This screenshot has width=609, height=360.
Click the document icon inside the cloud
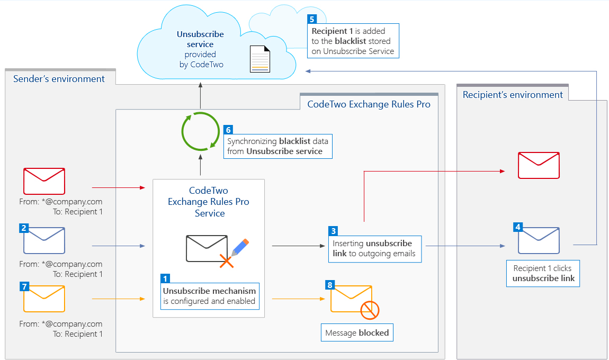pyautogui.click(x=259, y=59)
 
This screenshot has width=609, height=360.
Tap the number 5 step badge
pyautogui.click(x=312, y=19)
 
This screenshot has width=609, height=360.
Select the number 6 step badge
pyautogui.click(x=228, y=130)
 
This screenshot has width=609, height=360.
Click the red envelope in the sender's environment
pyautogui.click(x=44, y=181)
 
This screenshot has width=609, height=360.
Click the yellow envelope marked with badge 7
pyautogui.click(x=44, y=299)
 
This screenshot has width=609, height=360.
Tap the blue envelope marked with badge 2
pyautogui.click(x=44, y=241)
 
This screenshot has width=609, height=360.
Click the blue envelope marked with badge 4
pyautogui.click(x=539, y=241)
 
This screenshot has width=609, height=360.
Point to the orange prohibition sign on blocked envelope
pyautogui.click(x=370, y=310)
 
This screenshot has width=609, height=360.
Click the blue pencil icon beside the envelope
pyautogui.click(x=240, y=248)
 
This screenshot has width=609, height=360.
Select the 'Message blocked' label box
pyautogui.click(x=357, y=333)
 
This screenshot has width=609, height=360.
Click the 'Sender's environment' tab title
pyautogui.click(x=59, y=79)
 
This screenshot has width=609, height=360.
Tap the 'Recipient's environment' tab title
pyautogui.click(x=513, y=95)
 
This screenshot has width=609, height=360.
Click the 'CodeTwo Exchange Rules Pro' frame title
pyautogui.click(x=369, y=104)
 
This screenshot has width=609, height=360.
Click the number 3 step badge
pyautogui.click(x=333, y=231)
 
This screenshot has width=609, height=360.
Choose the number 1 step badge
pyautogui.click(x=166, y=278)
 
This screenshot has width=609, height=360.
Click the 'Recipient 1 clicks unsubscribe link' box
pyautogui.click(x=543, y=273)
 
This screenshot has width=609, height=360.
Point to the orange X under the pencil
pyautogui.click(x=227, y=261)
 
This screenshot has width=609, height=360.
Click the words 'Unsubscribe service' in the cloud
pyautogui.click(x=200, y=39)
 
